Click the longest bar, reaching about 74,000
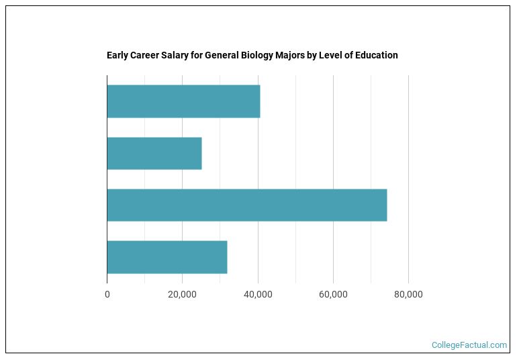[246, 206]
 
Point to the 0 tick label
[107, 294]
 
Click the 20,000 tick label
[182, 294]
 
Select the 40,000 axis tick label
[258, 294]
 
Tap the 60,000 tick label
[333, 294]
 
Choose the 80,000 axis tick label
[408, 294]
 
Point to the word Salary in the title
[171, 55]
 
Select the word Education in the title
[375, 55]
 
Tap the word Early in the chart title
[117, 55]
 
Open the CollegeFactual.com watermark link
[469, 345]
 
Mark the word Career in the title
[144, 55]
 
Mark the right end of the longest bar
[387, 206]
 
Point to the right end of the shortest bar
[201, 154]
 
